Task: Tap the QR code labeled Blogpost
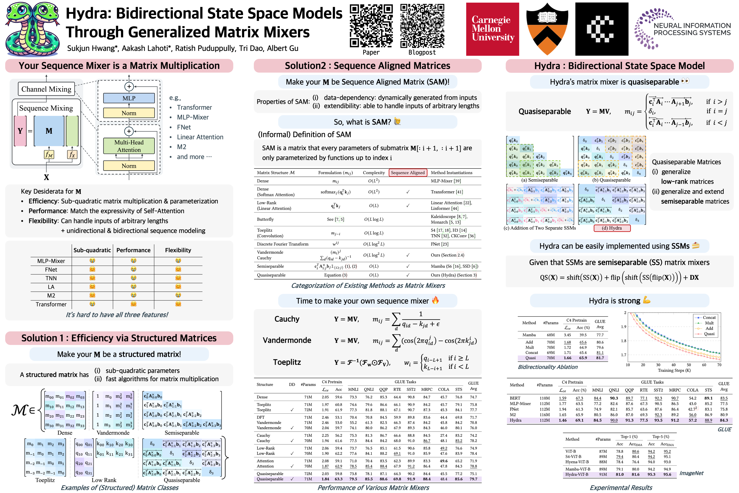422,26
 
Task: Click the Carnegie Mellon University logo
492,29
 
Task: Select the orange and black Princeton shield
547,29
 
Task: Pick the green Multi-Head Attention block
129,146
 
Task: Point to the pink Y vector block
20,131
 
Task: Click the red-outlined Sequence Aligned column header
408,173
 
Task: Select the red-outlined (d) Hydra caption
612,228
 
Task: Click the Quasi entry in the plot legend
709,334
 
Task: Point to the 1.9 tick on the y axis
624,327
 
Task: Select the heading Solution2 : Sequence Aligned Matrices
367,66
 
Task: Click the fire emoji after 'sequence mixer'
435,300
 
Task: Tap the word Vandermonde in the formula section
287,340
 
